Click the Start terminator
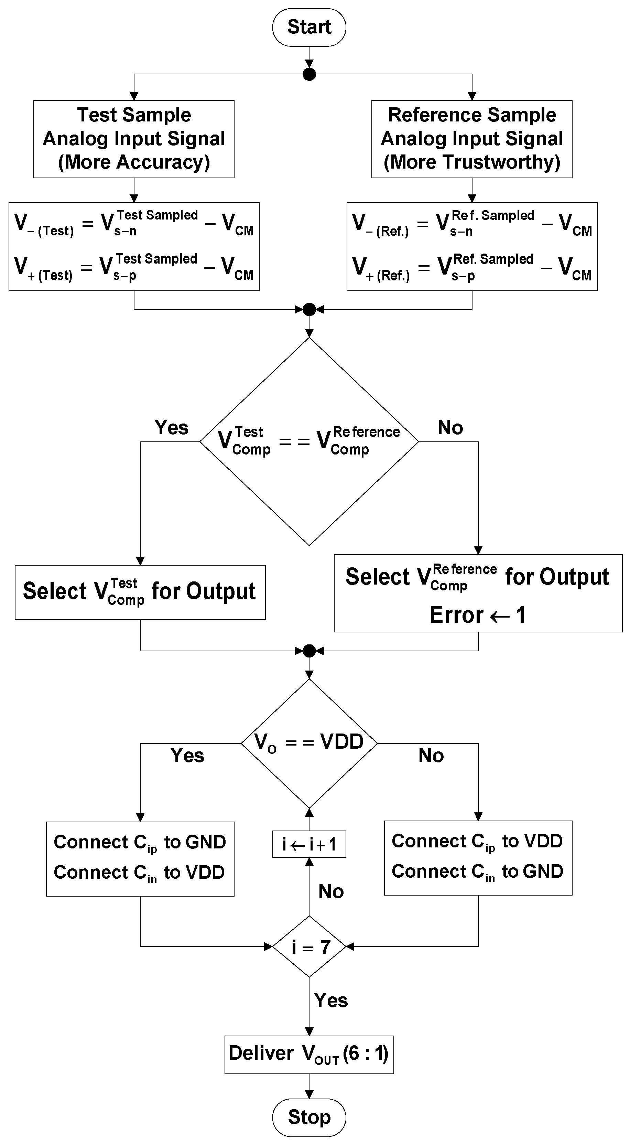point(309,27)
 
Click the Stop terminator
point(309,1117)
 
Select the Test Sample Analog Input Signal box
point(134,139)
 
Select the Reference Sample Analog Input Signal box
point(471,139)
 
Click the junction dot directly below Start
point(309,74)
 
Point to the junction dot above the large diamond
point(309,309)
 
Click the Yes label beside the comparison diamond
point(172,428)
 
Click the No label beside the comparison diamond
point(450,428)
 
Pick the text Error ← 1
point(478,615)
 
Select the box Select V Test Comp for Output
point(140,592)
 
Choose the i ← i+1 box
point(309,844)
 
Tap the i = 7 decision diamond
point(309,947)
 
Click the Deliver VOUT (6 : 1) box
point(309,1053)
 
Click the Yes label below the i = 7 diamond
point(330,1000)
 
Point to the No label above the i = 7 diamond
point(330,891)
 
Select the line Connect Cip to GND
point(140,842)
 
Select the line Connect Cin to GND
point(477,871)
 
